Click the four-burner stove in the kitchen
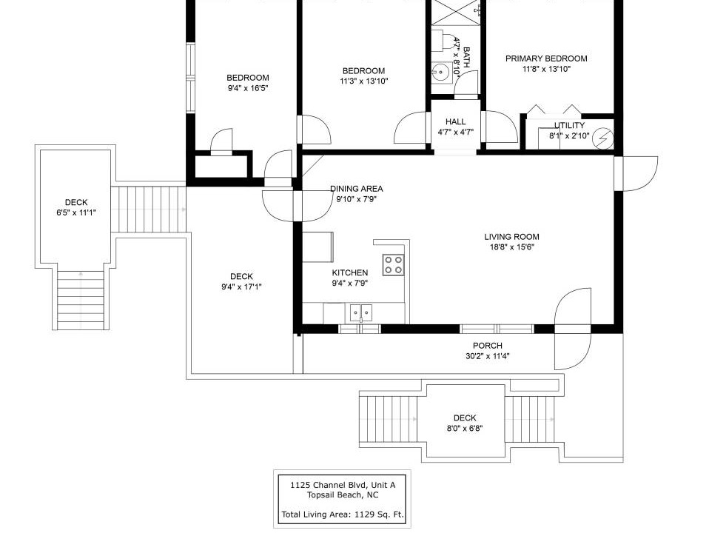click(x=393, y=265)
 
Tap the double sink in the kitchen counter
click(x=361, y=312)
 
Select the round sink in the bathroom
click(x=440, y=72)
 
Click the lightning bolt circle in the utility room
click(x=603, y=138)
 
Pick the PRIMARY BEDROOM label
click(x=546, y=58)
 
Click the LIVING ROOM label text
click(x=511, y=237)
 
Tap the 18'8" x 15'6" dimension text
click(x=512, y=247)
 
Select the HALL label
click(x=455, y=121)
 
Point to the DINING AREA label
click(x=356, y=189)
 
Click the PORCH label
click(x=488, y=346)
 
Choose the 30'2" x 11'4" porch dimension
click(x=488, y=356)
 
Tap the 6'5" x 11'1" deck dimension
click(x=76, y=212)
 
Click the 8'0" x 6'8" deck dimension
click(x=465, y=428)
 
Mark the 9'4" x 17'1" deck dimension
click(x=241, y=287)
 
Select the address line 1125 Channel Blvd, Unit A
click(x=343, y=485)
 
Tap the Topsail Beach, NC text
click(x=343, y=495)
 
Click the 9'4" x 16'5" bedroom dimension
click(x=248, y=88)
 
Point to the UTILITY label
click(x=569, y=125)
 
